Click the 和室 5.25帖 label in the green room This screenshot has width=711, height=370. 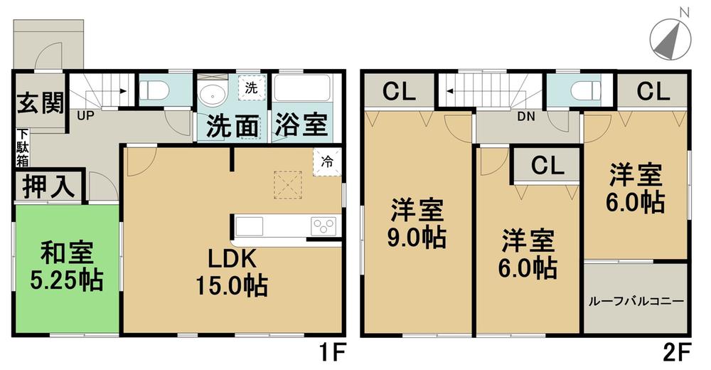(x=66, y=267)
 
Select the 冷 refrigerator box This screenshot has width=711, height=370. (x=326, y=162)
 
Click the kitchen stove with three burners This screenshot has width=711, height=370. (x=324, y=227)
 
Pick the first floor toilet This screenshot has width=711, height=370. (x=155, y=90)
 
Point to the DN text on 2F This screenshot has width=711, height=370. (x=526, y=116)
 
